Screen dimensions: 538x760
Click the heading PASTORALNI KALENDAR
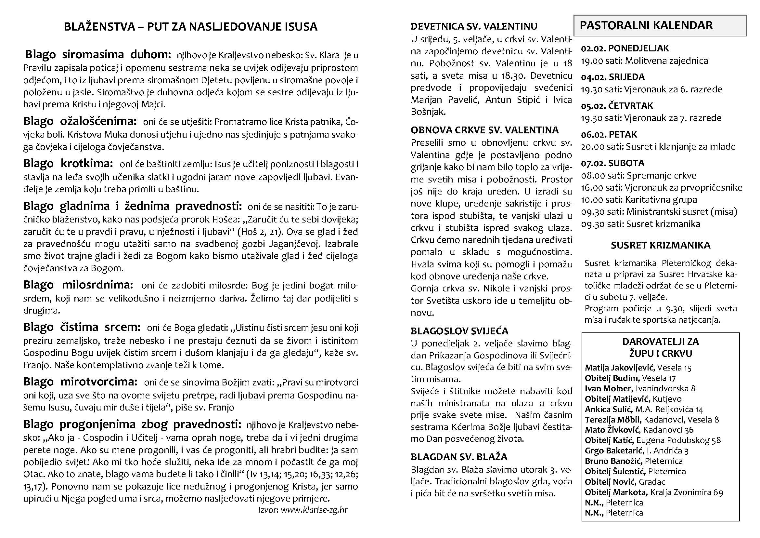646,25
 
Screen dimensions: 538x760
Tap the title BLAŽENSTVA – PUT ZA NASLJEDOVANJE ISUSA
190,26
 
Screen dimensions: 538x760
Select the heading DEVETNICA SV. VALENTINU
474,26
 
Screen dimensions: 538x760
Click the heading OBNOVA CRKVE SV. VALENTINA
484,130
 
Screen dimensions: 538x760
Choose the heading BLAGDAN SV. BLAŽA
459,457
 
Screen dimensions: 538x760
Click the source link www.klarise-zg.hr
314,509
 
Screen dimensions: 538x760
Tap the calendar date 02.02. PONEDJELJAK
625,48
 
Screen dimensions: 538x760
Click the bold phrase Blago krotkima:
68,163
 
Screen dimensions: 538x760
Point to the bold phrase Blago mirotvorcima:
80,382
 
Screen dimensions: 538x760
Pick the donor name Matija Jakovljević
620,367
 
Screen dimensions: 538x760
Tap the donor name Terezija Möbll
613,420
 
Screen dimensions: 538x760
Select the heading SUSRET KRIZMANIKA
660,245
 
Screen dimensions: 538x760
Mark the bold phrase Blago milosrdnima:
78,285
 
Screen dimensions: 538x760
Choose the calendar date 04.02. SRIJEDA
613,77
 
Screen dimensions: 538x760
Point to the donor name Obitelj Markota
615,492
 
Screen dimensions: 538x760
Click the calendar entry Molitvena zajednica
666,61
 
